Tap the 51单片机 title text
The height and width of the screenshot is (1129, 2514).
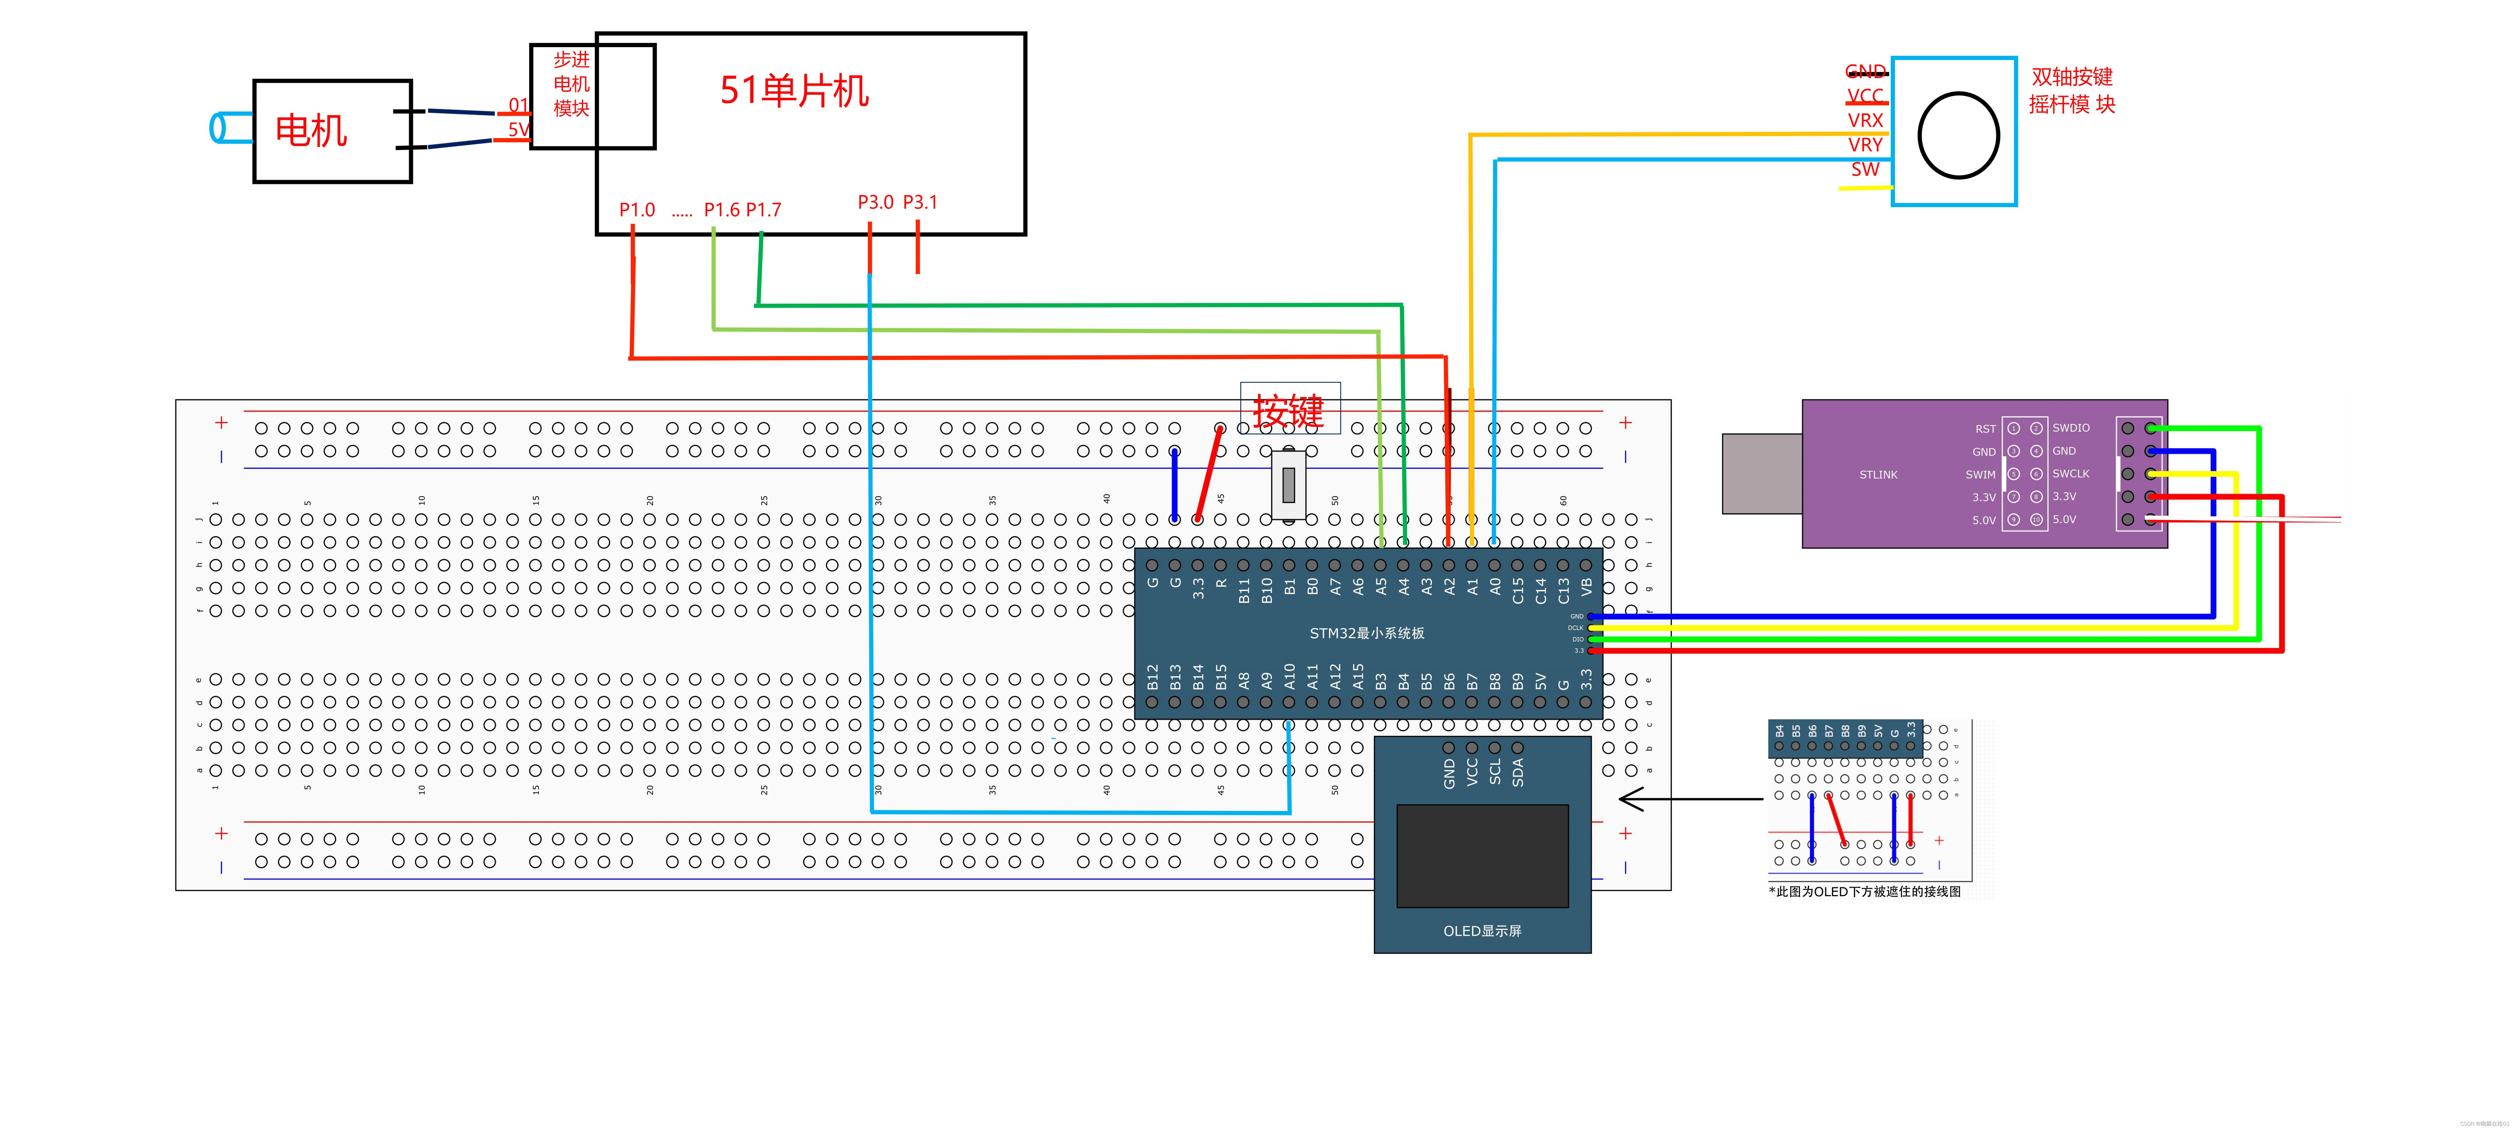point(793,91)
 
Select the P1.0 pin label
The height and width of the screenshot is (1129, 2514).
point(636,210)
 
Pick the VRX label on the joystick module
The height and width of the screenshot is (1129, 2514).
point(1865,120)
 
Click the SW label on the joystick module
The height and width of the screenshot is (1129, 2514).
point(1865,169)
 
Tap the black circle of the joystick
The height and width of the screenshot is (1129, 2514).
point(1958,135)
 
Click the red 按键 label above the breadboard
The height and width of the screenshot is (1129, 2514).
point(1288,411)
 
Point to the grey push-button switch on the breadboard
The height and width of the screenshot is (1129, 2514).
point(1288,484)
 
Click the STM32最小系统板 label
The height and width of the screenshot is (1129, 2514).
point(1366,633)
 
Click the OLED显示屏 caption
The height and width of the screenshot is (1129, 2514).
point(1482,931)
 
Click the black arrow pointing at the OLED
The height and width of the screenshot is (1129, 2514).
point(1688,799)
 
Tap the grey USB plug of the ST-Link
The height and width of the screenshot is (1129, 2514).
point(1762,474)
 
